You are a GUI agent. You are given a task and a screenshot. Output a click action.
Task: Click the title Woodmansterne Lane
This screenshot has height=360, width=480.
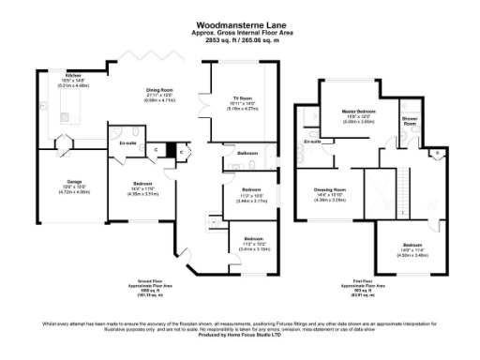click(x=239, y=25)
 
